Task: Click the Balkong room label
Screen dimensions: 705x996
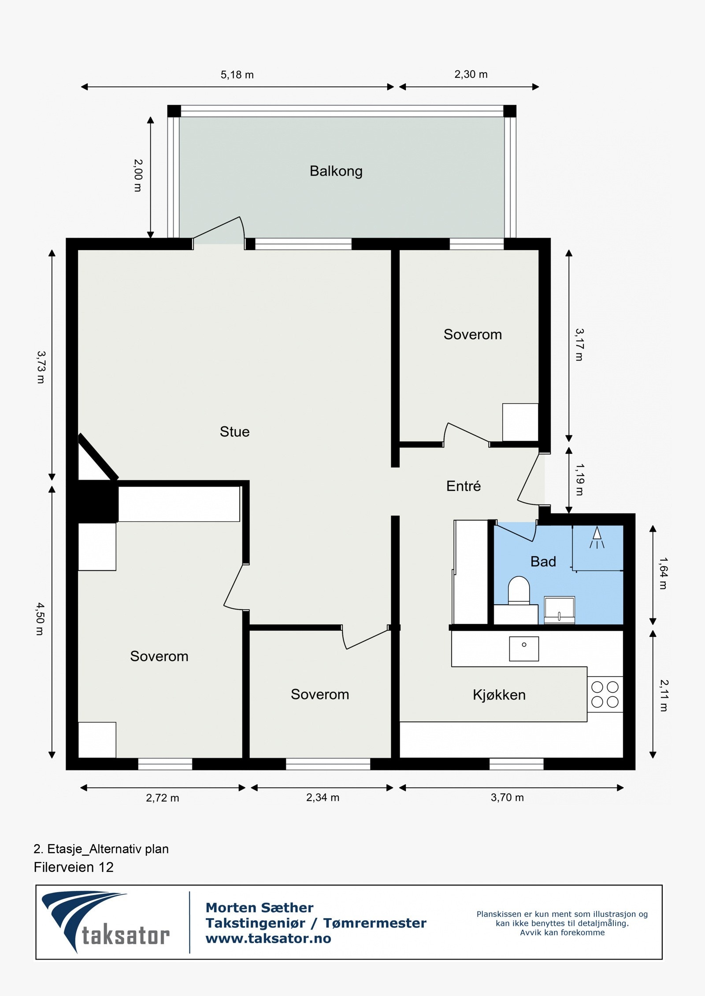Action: coord(336,171)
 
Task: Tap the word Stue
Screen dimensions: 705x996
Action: coord(234,431)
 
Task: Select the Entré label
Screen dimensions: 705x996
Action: coord(463,485)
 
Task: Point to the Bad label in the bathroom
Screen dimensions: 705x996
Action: coord(543,561)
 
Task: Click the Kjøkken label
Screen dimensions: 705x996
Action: coord(499,695)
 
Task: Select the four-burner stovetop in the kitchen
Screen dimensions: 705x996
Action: coord(605,694)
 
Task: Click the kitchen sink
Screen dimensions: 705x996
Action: coord(524,649)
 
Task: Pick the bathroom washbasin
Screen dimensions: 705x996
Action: coord(559,610)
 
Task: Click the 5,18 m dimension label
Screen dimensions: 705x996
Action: coord(237,75)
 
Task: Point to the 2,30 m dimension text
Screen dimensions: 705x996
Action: coord(471,74)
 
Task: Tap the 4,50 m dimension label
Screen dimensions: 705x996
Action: coord(40,619)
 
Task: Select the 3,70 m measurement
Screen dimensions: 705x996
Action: coord(507,797)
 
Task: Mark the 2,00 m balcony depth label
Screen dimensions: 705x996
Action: coord(138,175)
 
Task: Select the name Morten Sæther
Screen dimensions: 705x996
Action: coord(260,907)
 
